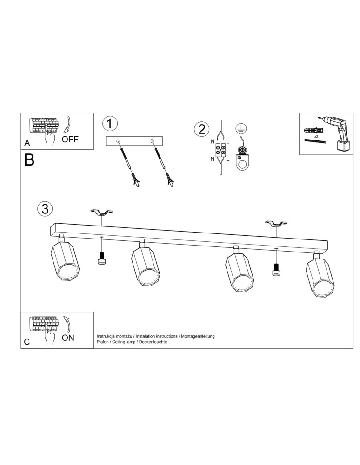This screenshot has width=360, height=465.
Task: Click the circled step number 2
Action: pos(201,129)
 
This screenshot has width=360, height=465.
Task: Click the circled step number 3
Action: pos(45,209)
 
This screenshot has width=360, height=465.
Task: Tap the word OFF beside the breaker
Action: pos(70,139)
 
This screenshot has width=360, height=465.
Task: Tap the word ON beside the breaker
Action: pos(68,338)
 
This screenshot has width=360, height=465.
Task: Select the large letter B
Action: pos(29,160)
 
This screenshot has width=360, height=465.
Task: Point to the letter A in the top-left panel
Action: pos(27,143)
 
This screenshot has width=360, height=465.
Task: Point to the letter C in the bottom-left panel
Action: pos(27,342)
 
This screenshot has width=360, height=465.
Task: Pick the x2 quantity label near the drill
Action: pos(316,137)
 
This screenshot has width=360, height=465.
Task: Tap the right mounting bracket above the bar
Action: pos(276,224)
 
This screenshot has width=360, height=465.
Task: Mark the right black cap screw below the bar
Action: pos(276,269)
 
